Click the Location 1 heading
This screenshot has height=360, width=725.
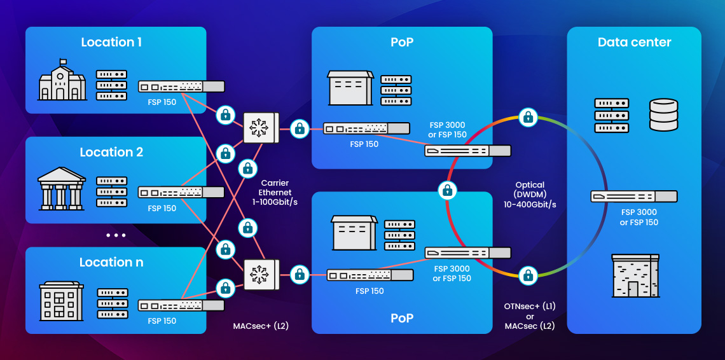point(111,43)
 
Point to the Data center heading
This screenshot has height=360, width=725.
point(634,43)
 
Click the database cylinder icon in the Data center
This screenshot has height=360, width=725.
point(663,115)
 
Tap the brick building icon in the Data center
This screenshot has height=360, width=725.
point(635,275)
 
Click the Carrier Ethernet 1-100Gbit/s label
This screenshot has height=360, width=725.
point(276,192)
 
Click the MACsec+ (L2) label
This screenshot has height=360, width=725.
point(261,326)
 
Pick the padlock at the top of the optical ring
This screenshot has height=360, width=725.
point(527,116)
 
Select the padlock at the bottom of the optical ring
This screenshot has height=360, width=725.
point(527,275)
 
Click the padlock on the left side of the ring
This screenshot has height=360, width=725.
point(448,189)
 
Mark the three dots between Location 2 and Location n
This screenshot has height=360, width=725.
point(116,235)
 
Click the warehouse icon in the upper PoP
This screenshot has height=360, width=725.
point(350,88)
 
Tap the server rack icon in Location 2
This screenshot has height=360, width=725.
point(111,191)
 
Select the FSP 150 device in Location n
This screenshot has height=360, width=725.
point(181,305)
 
